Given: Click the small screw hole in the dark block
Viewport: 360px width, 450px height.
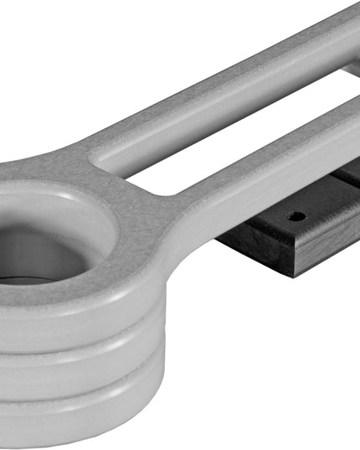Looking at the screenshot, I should coord(296,216).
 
